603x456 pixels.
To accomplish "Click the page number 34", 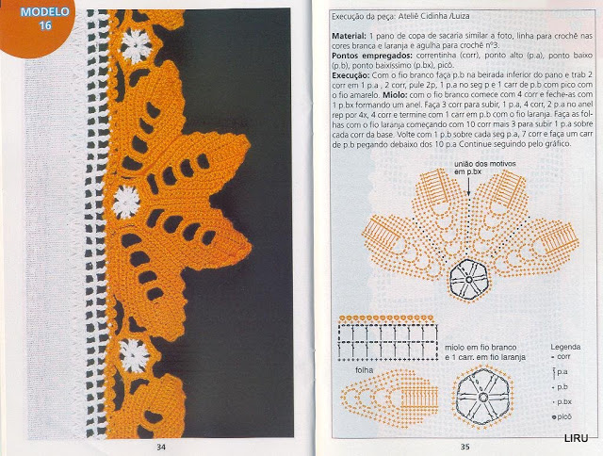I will (x=161, y=446).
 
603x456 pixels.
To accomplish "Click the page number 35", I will (x=464, y=446).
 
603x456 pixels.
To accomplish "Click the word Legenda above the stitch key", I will (x=565, y=348).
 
